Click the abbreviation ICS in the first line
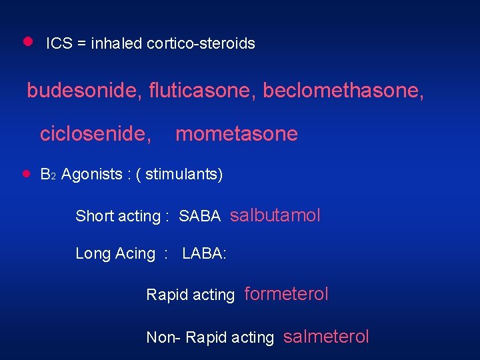[58, 44]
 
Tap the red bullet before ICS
[27, 41]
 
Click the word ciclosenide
[95, 135]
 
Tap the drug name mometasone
[236, 135]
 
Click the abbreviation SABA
[200, 216]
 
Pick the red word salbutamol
[275, 215]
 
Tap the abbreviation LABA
[203, 254]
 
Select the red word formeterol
[287, 294]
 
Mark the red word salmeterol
[326, 337]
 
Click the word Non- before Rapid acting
[163, 338]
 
